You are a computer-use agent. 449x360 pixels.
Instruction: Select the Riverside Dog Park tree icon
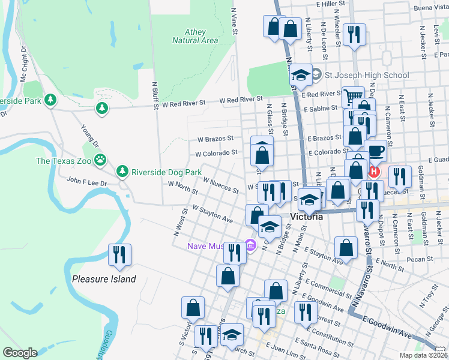click(123, 172)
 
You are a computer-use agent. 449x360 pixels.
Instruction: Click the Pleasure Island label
click(104, 279)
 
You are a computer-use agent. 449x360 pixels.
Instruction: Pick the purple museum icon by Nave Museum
click(250, 245)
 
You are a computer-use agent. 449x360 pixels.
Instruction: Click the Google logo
click(20, 353)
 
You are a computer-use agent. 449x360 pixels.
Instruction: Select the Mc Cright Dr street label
click(23, 65)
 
